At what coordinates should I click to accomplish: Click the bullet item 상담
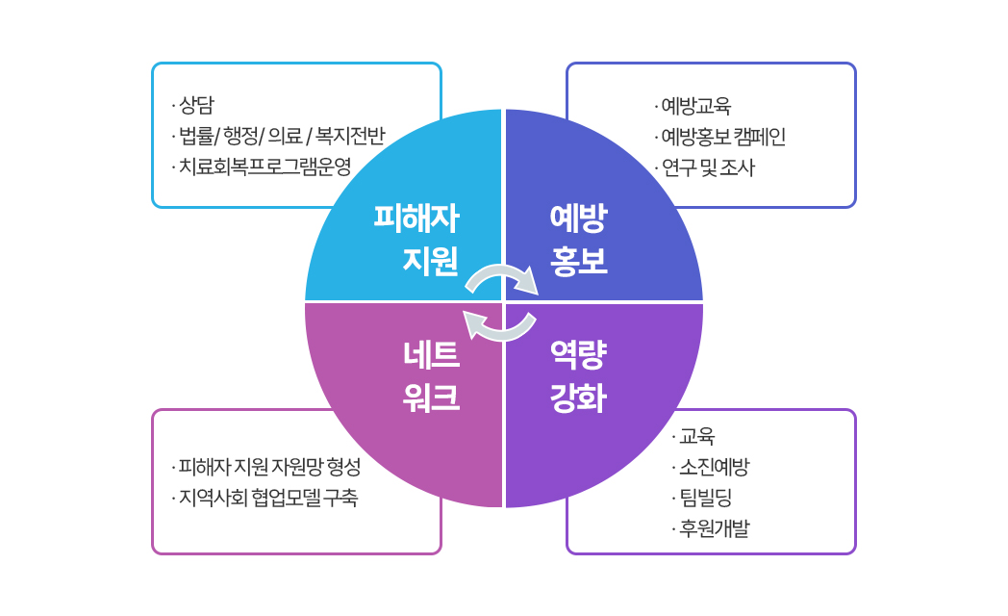pyautogui.click(x=193, y=105)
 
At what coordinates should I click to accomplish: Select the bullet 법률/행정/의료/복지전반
pyautogui.click(x=278, y=136)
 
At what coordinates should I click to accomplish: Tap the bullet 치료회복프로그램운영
pyautogui.click(x=262, y=167)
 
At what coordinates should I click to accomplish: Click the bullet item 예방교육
pyautogui.click(x=693, y=105)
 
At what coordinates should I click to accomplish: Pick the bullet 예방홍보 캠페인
pyautogui.click(x=719, y=137)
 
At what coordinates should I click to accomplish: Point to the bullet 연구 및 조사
pyautogui.click(x=704, y=167)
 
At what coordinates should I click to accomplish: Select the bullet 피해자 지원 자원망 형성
pyautogui.click(x=266, y=466)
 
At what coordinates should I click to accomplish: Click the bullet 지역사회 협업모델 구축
pyautogui.click(x=265, y=497)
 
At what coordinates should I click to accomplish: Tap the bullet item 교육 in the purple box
pyautogui.click(x=693, y=436)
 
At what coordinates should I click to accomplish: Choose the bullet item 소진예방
pyautogui.click(x=711, y=467)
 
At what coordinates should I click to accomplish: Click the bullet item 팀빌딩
pyautogui.click(x=702, y=498)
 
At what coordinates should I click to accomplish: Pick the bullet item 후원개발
pyautogui.click(x=711, y=528)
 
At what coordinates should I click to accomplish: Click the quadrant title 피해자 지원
pyautogui.click(x=417, y=240)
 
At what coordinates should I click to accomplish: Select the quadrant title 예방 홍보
pyautogui.click(x=579, y=240)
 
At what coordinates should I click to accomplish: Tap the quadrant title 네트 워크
pyautogui.click(x=431, y=376)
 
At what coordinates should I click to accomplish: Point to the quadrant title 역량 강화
pyautogui.click(x=579, y=376)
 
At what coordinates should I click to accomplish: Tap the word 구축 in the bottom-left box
pyautogui.click(x=340, y=497)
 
